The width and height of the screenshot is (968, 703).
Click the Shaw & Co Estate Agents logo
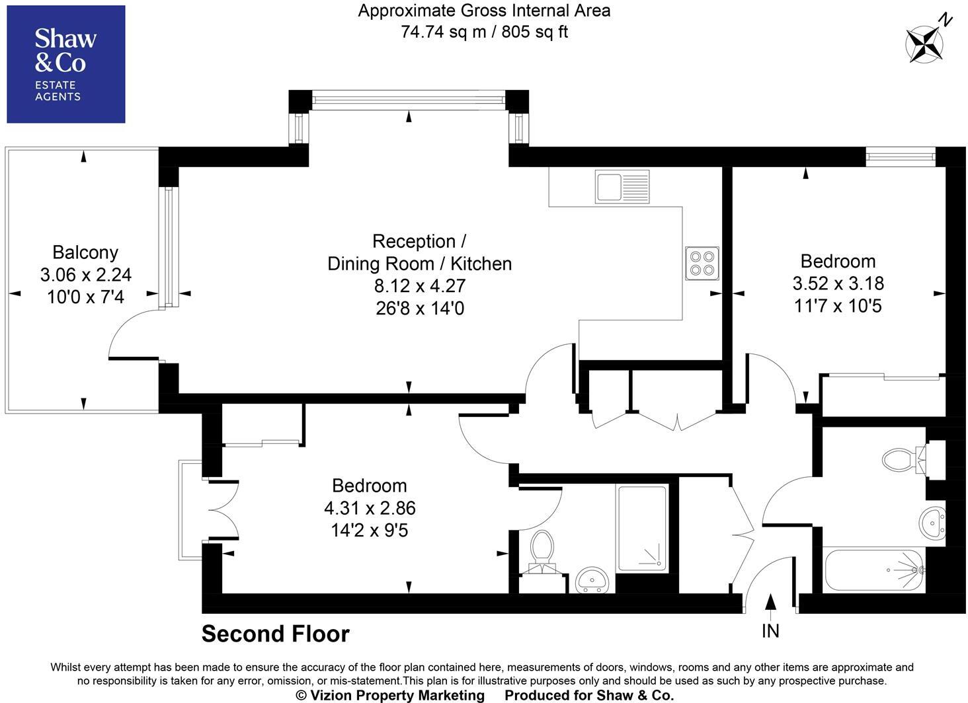pyautogui.click(x=66, y=64)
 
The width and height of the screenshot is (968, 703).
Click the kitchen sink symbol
pyautogui.click(x=622, y=186)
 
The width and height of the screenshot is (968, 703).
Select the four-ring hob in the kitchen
pyautogui.click(x=702, y=262)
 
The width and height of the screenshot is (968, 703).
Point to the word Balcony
pyautogui.click(x=85, y=252)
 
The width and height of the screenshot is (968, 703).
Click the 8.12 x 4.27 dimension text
pyautogui.click(x=419, y=286)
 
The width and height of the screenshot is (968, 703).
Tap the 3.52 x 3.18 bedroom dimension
pyautogui.click(x=838, y=283)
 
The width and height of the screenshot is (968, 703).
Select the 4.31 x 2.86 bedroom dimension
pyautogui.click(x=370, y=508)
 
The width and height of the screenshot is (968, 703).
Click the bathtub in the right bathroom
pyautogui.click(x=873, y=570)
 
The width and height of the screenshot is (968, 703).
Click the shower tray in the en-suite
pyautogui.click(x=641, y=529)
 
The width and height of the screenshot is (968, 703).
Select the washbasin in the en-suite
pyautogui.click(x=592, y=579)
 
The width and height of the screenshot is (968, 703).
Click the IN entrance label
pyautogui.click(x=770, y=631)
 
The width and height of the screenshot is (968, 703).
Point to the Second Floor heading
pyautogui.click(x=275, y=634)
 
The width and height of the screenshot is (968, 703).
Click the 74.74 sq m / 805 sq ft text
pyautogui.click(x=484, y=32)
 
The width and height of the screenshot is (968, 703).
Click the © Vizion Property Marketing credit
pyautogui.click(x=389, y=695)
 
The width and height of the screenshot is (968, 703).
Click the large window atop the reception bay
pyautogui.click(x=409, y=100)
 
